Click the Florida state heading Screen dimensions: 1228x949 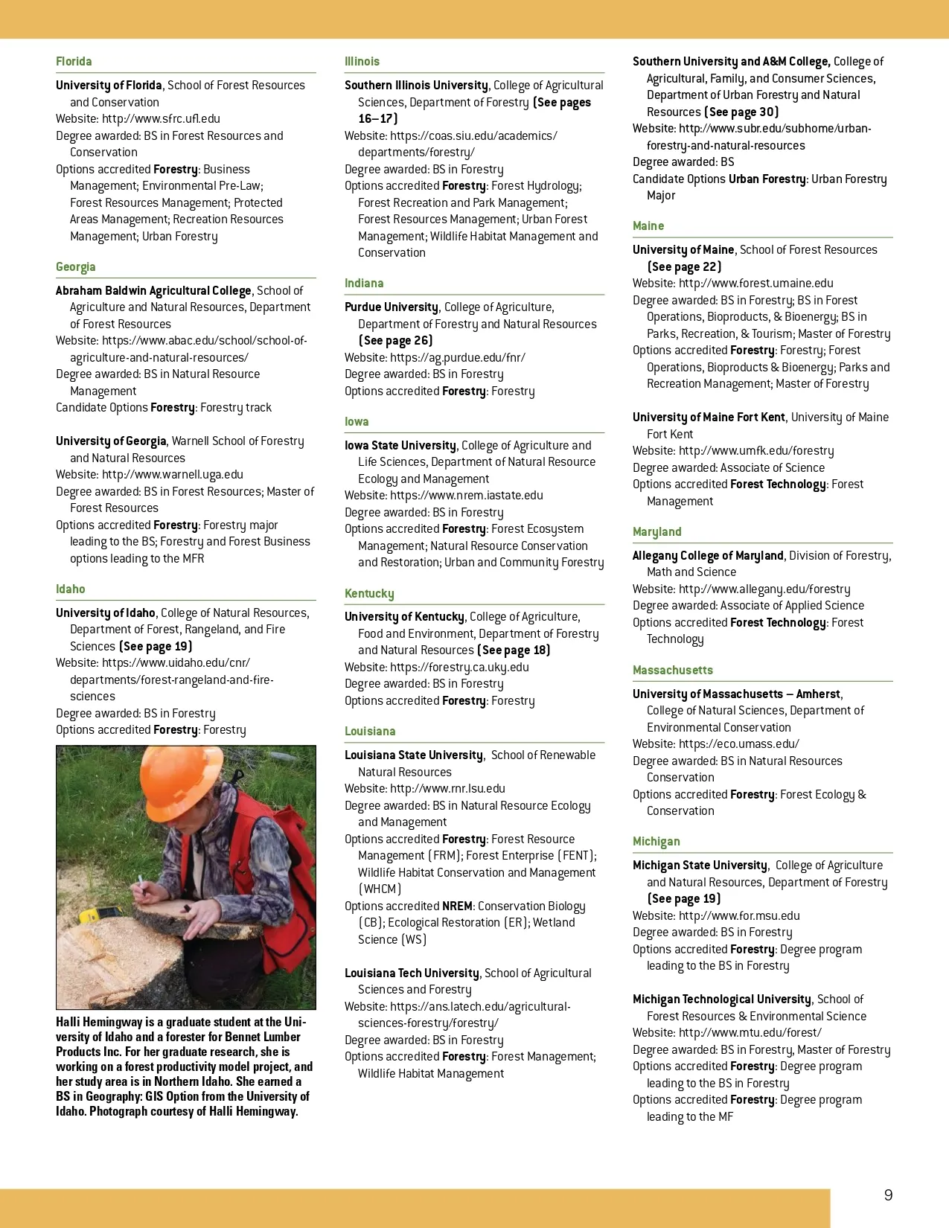74,62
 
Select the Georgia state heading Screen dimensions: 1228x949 75,267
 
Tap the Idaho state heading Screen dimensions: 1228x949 70,589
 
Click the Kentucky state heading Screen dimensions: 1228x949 369,594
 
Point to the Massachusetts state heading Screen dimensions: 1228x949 672,671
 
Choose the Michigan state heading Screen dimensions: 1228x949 656,842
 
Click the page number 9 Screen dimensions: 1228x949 888,1195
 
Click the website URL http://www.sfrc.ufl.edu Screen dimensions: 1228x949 161,119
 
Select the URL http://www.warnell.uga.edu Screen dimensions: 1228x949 173,475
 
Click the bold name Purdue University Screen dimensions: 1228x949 392,307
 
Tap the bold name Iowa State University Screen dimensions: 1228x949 400,446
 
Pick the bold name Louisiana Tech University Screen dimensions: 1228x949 412,973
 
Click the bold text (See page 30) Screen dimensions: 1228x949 741,112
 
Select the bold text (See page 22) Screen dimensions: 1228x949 684,267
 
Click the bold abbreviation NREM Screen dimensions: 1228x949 457,906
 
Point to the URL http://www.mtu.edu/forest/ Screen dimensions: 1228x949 750,1033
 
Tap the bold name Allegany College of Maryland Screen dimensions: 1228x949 708,556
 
